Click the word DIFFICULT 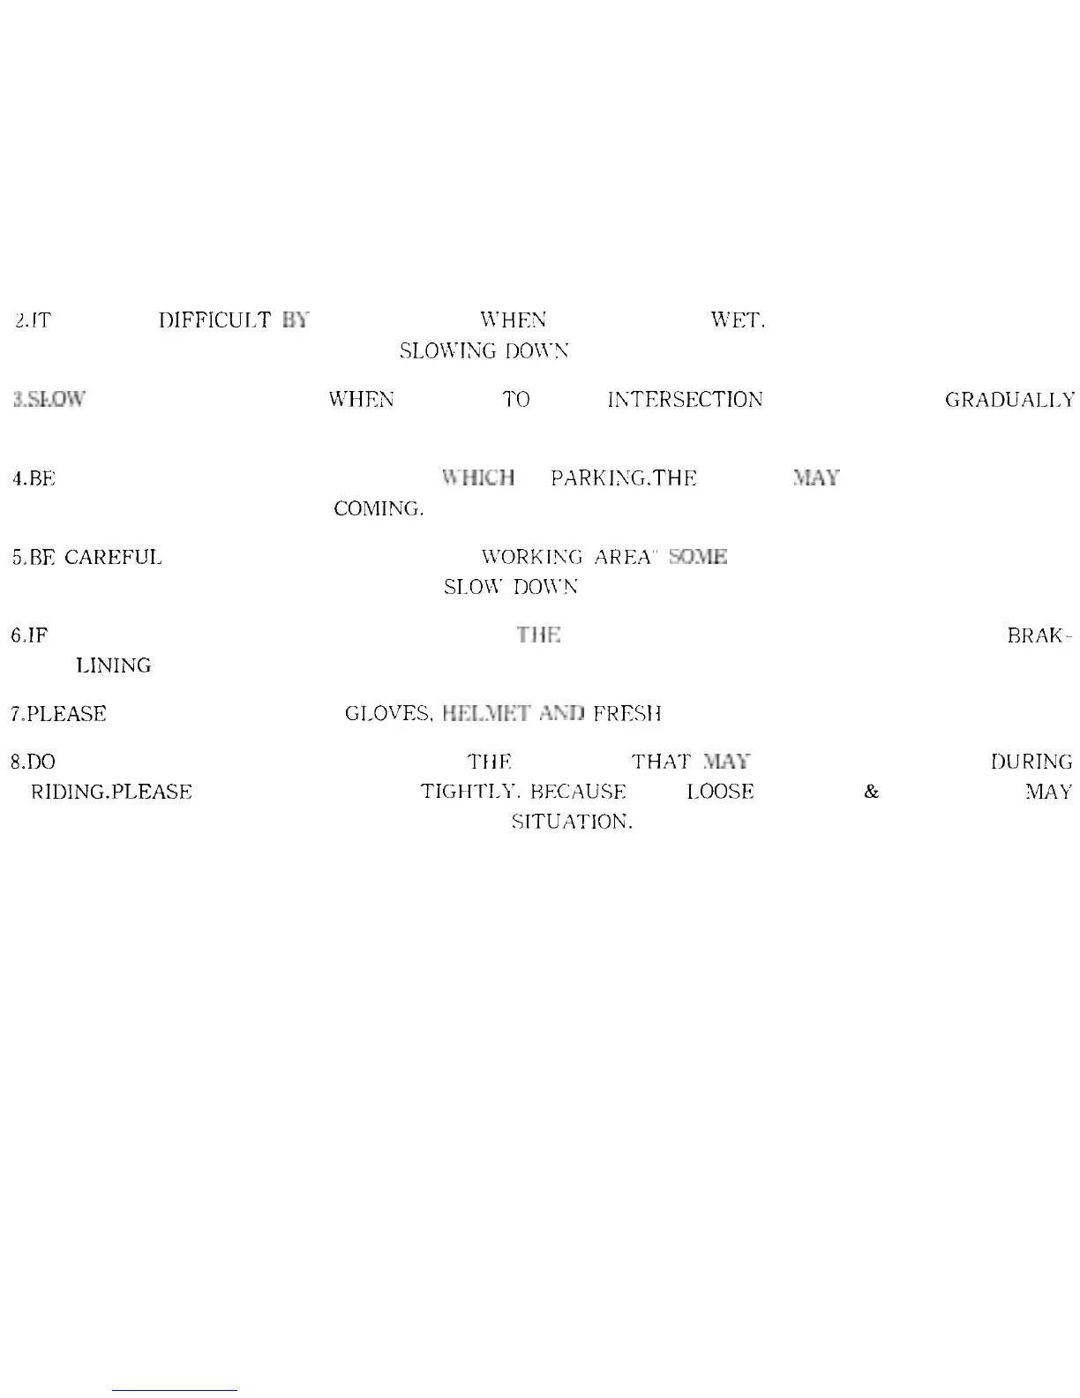tap(214, 320)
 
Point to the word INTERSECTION tap(685, 400)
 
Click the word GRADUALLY tap(1009, 401)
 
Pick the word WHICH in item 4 tap(479, 478)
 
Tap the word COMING tap(378, 509)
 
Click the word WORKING tap(531, 558)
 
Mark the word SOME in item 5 tap(698, 558)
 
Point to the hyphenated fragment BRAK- tap(1039, 635)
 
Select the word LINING tap(114, 666)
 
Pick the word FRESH tap(626, 714)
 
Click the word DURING tap(1031, 762)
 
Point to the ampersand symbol tap(872, 792)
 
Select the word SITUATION tap(572, 823)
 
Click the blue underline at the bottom tap(175, 1390)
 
